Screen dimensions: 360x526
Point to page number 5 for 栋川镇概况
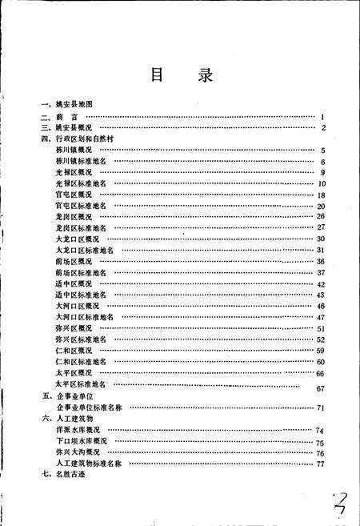[322, 150]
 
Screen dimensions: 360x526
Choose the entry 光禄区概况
[74, 172]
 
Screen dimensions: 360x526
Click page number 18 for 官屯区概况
[320, 195]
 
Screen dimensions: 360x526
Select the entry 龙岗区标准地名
[82, 228]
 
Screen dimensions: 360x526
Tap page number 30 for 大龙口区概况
[320, 239]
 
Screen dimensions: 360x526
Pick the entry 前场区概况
[74, 261]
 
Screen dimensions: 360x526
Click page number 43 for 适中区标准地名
[320, 295]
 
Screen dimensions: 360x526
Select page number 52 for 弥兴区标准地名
[320, 339]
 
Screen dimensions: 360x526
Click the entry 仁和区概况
[74, 351]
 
